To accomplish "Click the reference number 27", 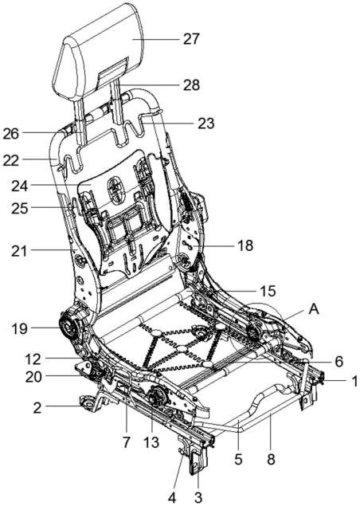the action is (192, 39).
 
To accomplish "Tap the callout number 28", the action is (191, 85).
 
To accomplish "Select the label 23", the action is (205, 123).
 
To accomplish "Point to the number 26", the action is (11, 134).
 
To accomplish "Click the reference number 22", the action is (11, 160).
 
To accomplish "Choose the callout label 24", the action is (20, 186).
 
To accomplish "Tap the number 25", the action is (20, 209).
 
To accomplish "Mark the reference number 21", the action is (19, 251).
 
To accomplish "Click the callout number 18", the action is (245, 245).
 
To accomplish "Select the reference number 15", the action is (268, 292).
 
